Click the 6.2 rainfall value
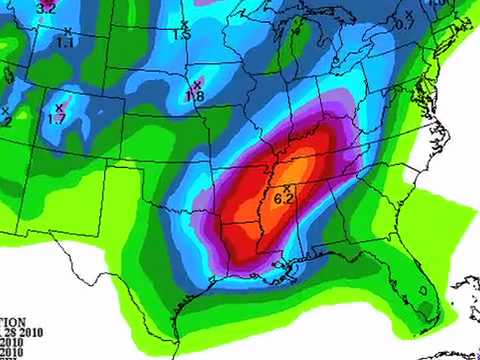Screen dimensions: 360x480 tap(283, 200)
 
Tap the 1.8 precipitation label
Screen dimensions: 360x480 tap(195, 96)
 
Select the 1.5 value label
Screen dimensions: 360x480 tap(182, 35)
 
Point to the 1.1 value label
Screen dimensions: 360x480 tap(65, 43)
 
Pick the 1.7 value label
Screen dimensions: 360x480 tap(57, 119)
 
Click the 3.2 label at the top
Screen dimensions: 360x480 tap(46, 8)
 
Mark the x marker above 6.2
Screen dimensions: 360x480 tap(287, 188)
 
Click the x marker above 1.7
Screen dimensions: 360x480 tap(58, 106)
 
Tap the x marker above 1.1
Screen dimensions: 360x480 tap(67, 31)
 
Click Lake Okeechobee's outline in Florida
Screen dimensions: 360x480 tap(423, 293)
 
